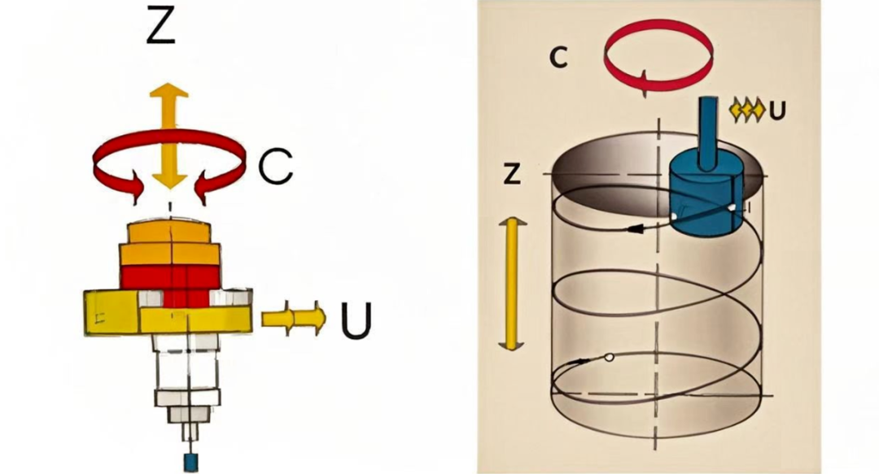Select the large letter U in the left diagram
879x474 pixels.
[x=356, y=320]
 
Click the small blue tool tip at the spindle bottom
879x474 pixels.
[x=191, y=461]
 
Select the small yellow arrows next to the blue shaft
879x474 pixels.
[x=748, y=108]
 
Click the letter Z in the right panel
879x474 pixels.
[x=512, y=173]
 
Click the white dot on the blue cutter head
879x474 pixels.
[x=733, y=208]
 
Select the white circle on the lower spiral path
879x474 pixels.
[x=609, y=358]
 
